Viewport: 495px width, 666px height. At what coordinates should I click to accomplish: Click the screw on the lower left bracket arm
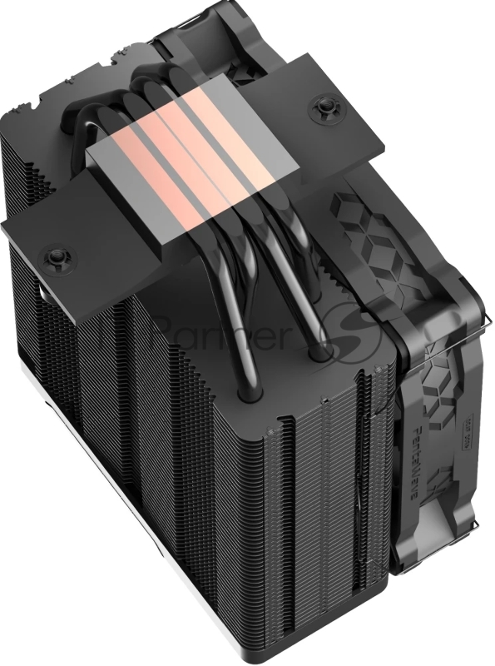[55, 253]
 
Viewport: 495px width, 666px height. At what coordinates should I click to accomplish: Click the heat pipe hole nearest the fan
[318, 354]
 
